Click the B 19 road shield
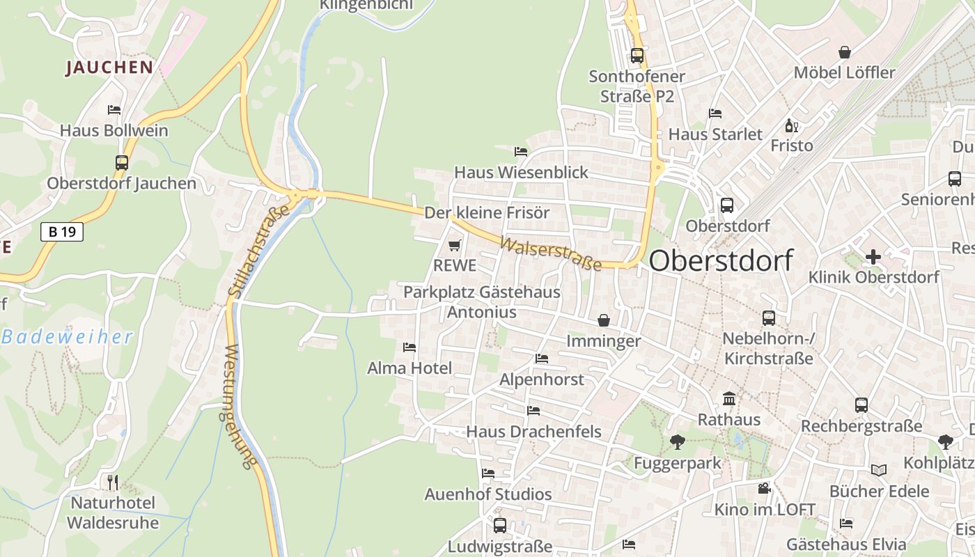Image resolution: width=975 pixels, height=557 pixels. (62, 232)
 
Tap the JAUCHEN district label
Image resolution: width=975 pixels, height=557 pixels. (109, 68)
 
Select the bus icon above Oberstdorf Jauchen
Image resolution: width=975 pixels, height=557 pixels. (122, 163)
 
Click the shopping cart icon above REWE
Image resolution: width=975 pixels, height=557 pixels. (455, 245)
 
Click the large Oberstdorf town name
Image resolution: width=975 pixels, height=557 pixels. (721, 260)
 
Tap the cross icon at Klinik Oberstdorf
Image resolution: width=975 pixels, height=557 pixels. (873, 257)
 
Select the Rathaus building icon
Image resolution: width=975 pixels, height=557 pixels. (729, 399)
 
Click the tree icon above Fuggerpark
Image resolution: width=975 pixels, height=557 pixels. (677, 441)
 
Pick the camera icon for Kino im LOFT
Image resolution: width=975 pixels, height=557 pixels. (764, 488)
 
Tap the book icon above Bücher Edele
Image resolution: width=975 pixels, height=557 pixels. (878, 470)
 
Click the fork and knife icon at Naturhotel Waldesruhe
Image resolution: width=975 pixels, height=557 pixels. (112, 482)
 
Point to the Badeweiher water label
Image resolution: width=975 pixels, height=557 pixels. (67, 338)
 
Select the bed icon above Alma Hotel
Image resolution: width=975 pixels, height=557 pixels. (409, 347)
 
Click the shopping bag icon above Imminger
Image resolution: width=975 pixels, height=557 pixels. (603, 320)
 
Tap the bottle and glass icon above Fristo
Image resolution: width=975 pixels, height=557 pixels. (791, 125)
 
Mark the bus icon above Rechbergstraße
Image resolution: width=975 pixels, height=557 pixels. (861, 405)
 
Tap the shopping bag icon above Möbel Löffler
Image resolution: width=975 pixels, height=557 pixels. (844, 52)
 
